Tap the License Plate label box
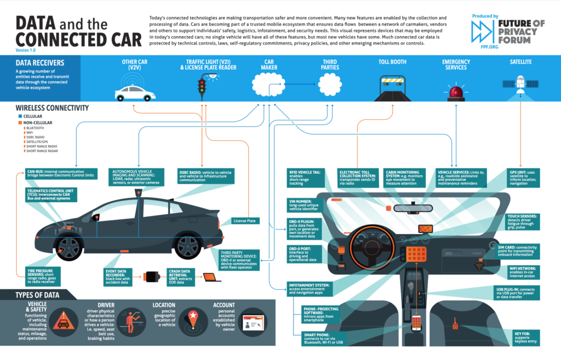tap(245, 221)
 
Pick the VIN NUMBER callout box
tap(304, 205)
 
